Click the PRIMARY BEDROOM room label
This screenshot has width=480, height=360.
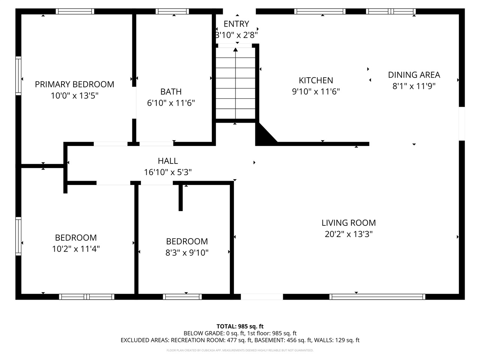click(74, 84)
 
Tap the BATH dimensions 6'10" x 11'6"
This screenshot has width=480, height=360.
click(171, 103)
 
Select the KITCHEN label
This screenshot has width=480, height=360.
click(316, 80)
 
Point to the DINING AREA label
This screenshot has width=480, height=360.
click(414, 75)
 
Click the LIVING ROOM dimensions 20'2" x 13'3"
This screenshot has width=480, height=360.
click(348, 234)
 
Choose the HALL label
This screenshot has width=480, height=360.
click(168, 161)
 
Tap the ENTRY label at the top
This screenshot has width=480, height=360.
click(236, 24)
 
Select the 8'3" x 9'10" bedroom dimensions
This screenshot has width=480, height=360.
click(187, 253)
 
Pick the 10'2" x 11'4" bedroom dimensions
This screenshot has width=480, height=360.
click(76, 249)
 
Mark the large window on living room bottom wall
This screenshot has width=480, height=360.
click(377, 297)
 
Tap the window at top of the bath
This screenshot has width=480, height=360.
click(172, 11)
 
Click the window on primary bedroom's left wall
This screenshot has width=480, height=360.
click(18, 75)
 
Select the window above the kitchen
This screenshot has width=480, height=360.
click(320, 11)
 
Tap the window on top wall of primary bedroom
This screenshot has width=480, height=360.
click(75, 11)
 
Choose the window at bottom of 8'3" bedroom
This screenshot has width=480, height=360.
click(182, 297)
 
